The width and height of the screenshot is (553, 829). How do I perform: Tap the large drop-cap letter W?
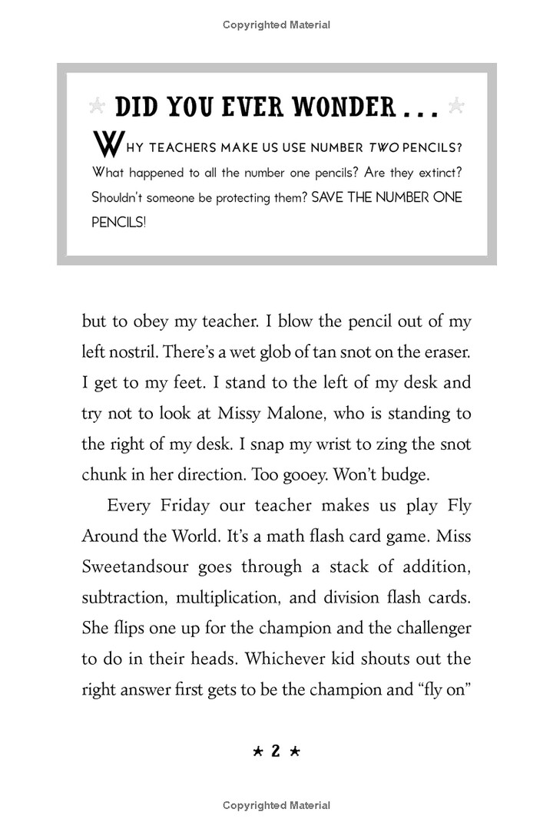[104, 145]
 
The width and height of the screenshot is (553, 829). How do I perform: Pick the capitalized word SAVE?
[332, 197]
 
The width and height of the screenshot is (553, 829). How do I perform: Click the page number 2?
[276, 753]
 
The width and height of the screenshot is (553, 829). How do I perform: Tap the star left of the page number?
[257, 753]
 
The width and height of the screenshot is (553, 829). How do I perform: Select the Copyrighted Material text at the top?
[276, 25]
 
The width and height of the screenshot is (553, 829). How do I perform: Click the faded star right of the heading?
[456, 107]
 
